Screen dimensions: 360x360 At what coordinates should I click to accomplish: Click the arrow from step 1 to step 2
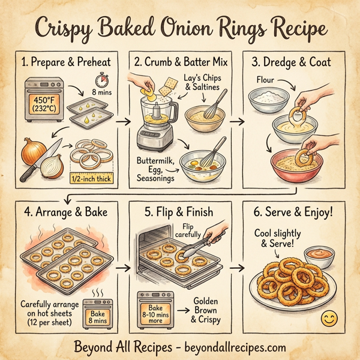tap(124, 121)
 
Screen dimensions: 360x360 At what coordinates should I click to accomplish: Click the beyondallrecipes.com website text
tap(229, 346)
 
